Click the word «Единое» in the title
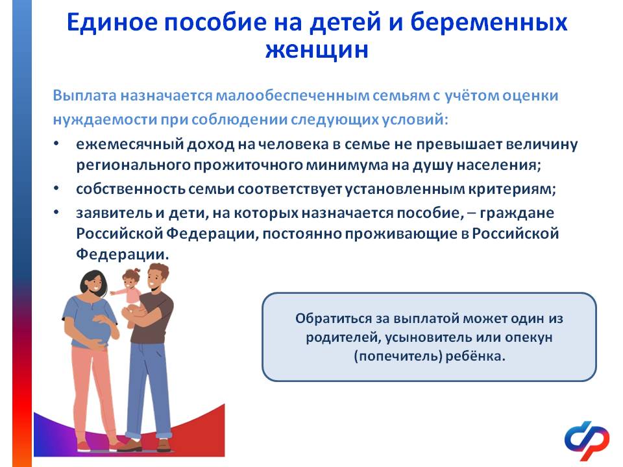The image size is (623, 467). click(112, 22)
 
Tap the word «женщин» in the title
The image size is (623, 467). click(317, 51)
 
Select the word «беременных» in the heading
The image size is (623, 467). click(489, 23)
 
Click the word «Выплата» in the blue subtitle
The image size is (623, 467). click(85, 96)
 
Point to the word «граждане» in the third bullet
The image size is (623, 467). click(517, 213)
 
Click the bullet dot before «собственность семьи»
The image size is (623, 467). click(56, 188)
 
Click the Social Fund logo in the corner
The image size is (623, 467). click(587, 439)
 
